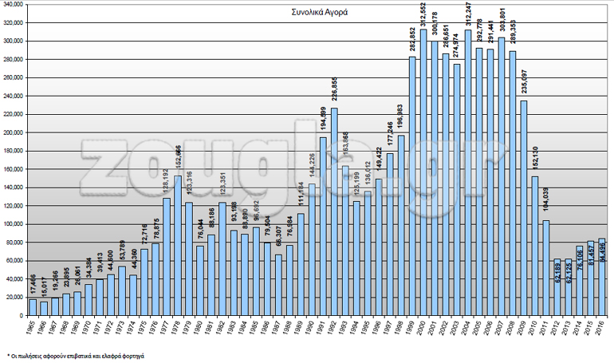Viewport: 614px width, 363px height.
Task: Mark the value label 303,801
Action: point(502,22)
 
